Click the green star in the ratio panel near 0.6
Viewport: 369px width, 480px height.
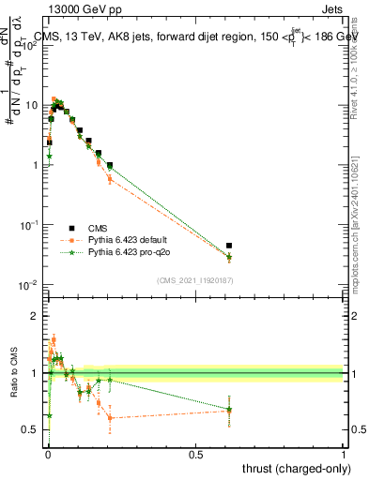point(229,410)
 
